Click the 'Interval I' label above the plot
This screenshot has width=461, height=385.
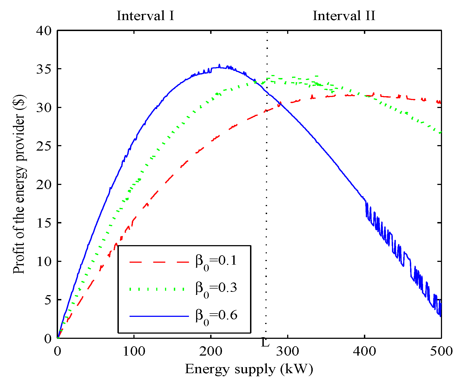145,16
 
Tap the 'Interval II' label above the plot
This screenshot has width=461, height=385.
344,16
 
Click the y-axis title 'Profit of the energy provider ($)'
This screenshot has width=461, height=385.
19,184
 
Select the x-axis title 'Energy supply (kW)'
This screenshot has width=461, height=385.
249,369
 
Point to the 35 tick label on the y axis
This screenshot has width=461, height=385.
44,69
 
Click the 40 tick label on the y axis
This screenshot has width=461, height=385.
44,31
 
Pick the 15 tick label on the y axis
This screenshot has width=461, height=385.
44,223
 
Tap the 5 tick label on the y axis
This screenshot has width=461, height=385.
48,300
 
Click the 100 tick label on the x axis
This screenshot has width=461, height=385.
134,351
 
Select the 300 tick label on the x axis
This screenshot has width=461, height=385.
288,351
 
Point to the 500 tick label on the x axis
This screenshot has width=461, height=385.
441,351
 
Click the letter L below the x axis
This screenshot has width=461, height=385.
265,343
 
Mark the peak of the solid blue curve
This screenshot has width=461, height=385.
219,65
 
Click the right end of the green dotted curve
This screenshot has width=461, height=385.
441,133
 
